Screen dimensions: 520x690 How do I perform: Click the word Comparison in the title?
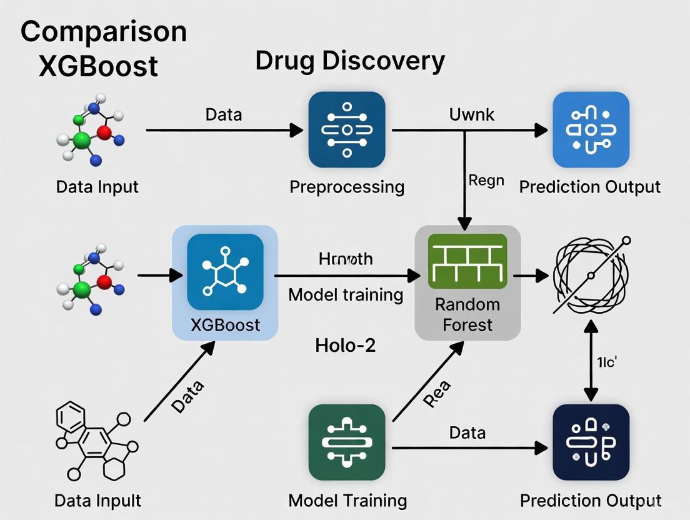point(104,32)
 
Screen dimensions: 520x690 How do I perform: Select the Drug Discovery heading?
point(350,61)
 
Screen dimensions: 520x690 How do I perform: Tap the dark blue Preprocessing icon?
point(347,130)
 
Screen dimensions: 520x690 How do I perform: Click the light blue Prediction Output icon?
point(591,130)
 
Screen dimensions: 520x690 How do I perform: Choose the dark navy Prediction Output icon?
point(591,442)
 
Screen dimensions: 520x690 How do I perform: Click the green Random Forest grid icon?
point(467,261)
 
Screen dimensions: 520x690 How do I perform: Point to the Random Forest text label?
point(467,314)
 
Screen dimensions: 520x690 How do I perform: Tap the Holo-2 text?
point(346,344)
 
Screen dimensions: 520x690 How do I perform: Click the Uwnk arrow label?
point(472,114)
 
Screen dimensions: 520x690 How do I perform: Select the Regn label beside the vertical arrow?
point(486,180)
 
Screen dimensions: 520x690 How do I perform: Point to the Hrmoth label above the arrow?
point(346,258)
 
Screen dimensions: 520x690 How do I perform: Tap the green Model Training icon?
point(347,442)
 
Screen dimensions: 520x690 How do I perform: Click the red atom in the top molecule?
point(104,132)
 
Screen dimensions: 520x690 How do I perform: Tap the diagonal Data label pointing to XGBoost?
point(188,396)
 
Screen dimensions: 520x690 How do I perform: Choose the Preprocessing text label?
point(347,187)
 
